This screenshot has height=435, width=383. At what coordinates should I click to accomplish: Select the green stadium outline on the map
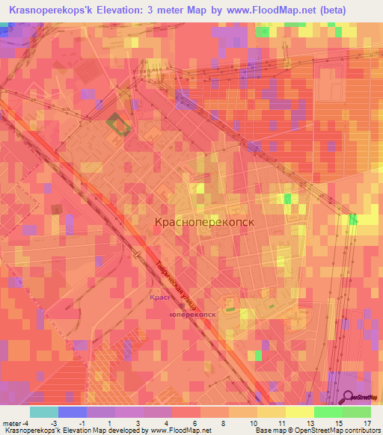[118, 124]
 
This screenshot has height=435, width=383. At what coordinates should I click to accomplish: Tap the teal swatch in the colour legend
[43, 412]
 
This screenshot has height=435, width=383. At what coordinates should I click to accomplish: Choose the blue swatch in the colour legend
[72, 412]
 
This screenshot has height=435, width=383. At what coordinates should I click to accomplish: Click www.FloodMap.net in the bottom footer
[180, 431]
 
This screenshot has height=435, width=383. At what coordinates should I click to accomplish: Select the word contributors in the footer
[360, 431]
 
